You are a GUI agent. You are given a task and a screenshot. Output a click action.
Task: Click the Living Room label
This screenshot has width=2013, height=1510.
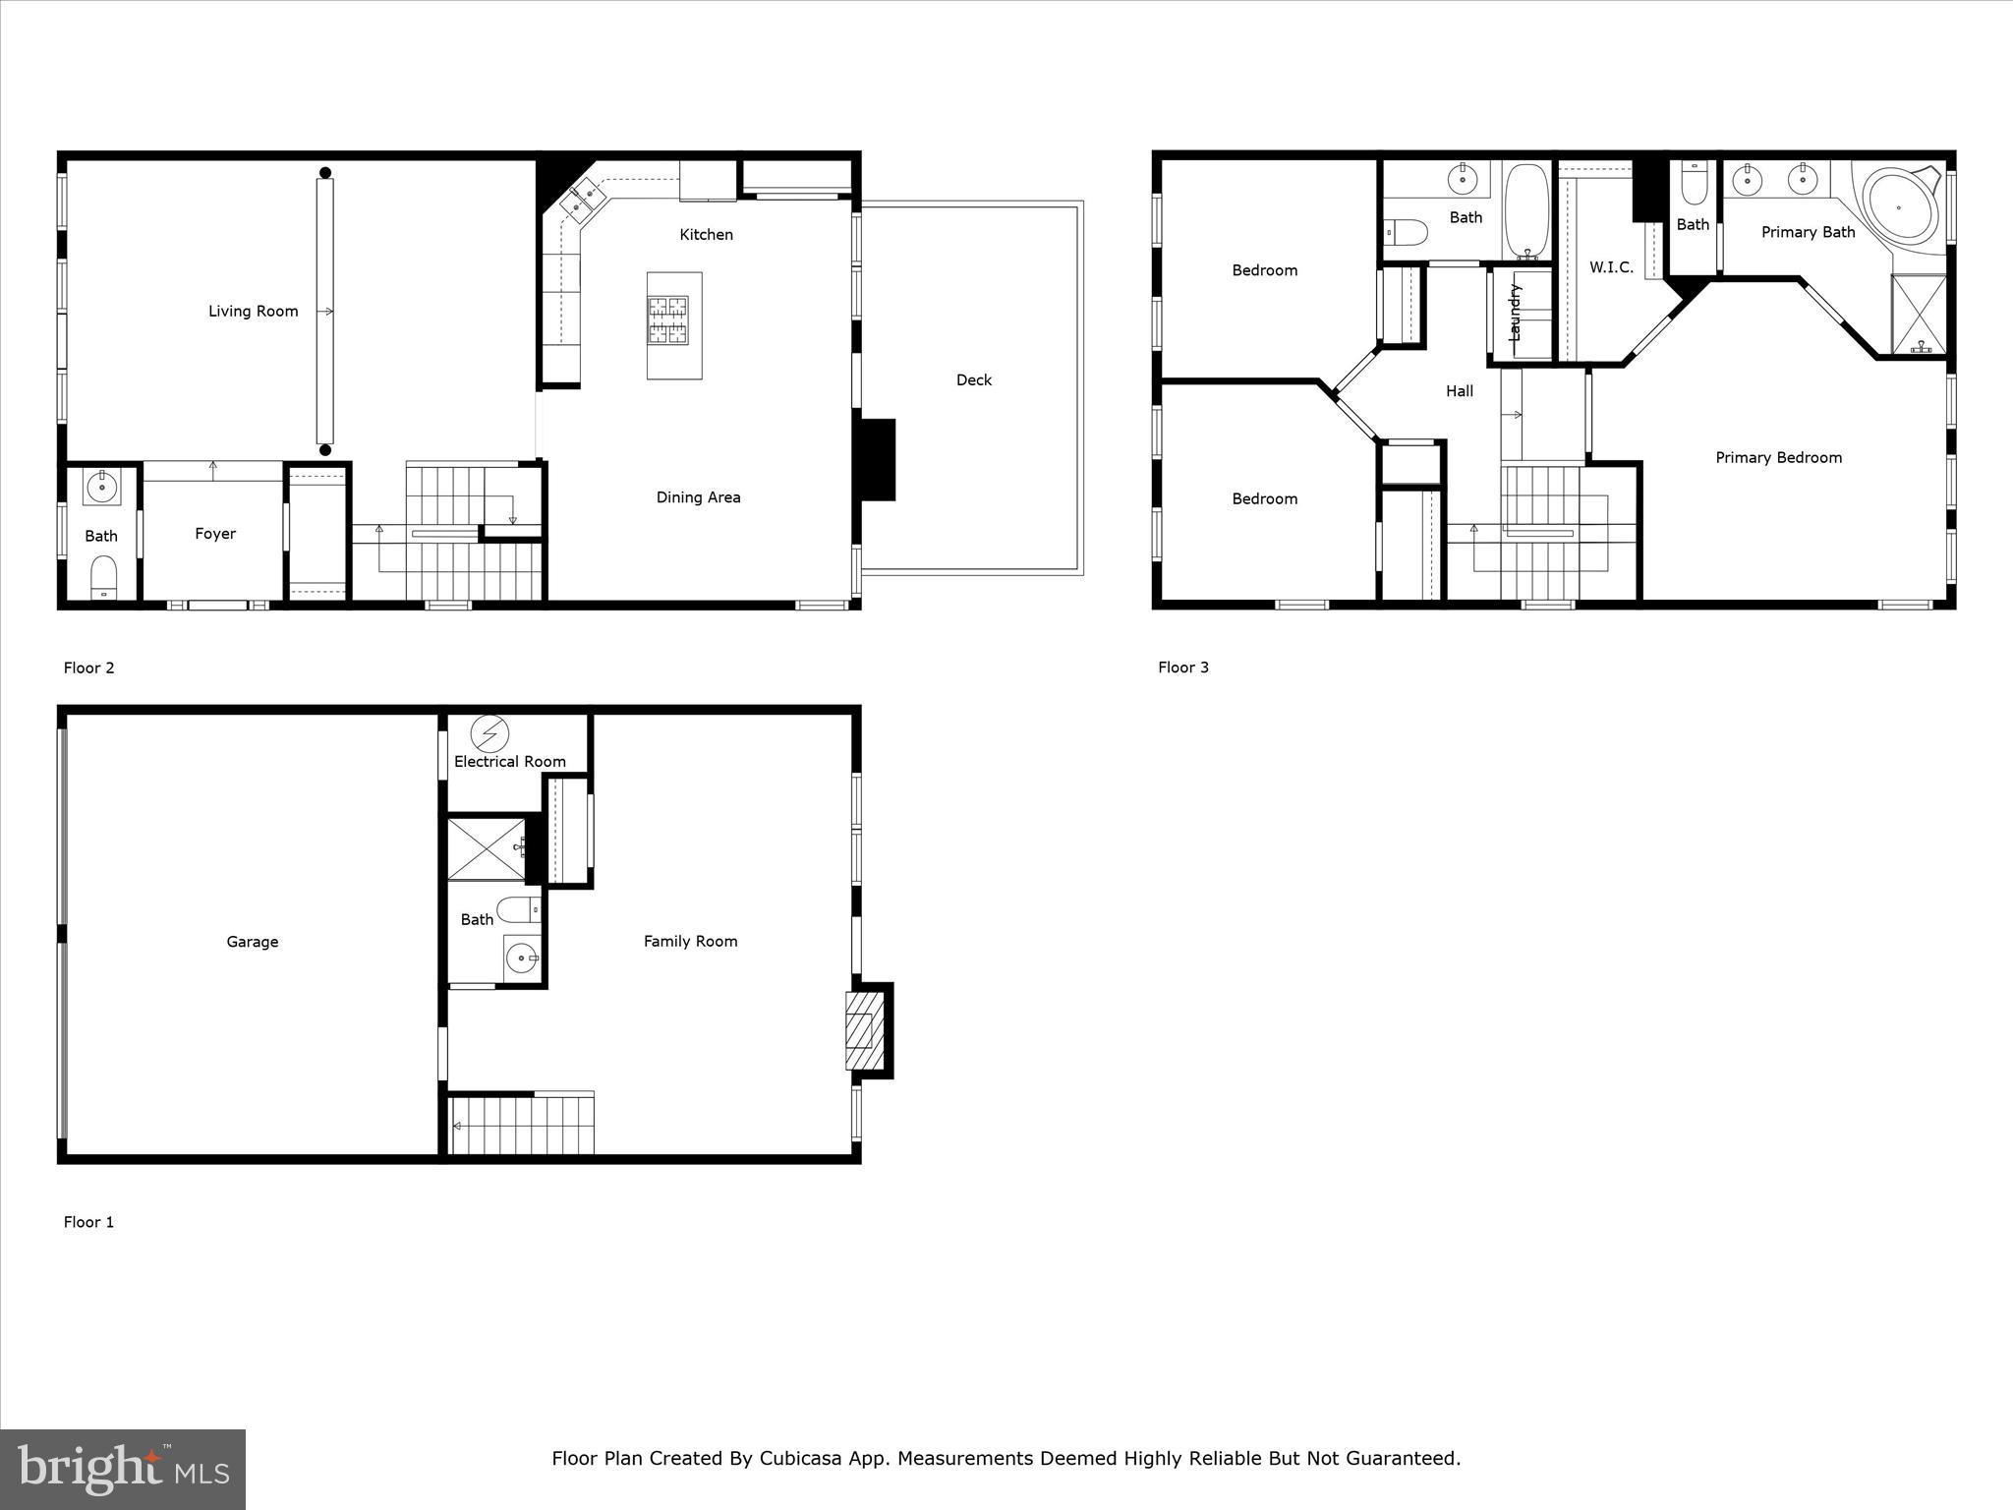pyautogui.click(x=253, y=312)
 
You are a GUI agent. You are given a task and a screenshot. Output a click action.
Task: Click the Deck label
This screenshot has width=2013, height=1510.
pyautogui.click(x=973, y=380)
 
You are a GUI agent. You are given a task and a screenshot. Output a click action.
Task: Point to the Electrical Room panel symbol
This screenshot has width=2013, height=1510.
pyautogui.click(x=489, y=733)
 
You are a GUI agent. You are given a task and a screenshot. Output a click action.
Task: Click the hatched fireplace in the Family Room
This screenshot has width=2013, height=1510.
pyautogui.click(x=860, y=1030)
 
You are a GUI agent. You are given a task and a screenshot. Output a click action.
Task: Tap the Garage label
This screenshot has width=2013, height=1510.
pyautogui.click(x=253, y=942)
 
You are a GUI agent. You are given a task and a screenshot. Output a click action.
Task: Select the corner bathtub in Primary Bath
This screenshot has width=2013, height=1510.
pyautogui.click(x=1898, y=208)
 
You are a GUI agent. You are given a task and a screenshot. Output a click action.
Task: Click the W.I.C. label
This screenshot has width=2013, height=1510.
pyautogui.click(x=1611, y=267)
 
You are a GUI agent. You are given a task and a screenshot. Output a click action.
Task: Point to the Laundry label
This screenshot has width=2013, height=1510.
pyautogui.click(x=1515, y=313)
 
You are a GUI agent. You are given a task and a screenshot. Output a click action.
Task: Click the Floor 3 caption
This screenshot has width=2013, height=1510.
pyautogui.click(x=1183, y=668)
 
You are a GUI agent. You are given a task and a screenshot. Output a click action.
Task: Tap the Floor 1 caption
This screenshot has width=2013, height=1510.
pyautogui.click(x=88, y=1222)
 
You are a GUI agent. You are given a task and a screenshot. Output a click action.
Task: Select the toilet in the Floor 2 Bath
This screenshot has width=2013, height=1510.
pyautogui.click(x=104, y=577)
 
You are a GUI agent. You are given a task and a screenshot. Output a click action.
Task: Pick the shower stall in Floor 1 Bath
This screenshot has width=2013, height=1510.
pyautogui.click(x=486, y=848)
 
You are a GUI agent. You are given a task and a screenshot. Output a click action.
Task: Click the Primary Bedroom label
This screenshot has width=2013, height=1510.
pyautogui.click(x=1778, y=457)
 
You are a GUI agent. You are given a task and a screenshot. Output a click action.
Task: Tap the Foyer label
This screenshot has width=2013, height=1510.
pyautogui.click(x=215, y=534)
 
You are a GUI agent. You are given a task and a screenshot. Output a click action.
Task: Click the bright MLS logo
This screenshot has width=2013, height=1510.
pyautogui.click(x=123, y=1469)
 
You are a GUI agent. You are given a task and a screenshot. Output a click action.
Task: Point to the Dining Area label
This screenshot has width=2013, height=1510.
pyautogui.click(x=698, y=497)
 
